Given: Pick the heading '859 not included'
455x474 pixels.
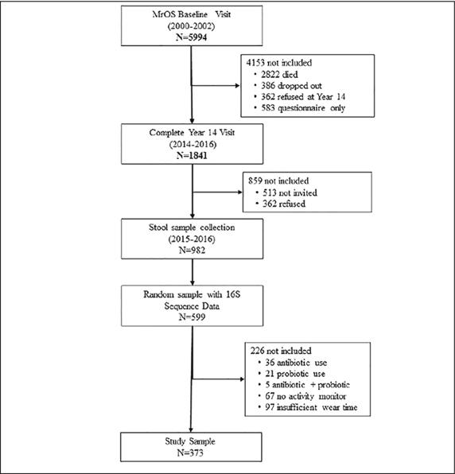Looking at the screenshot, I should click(282, 181).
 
